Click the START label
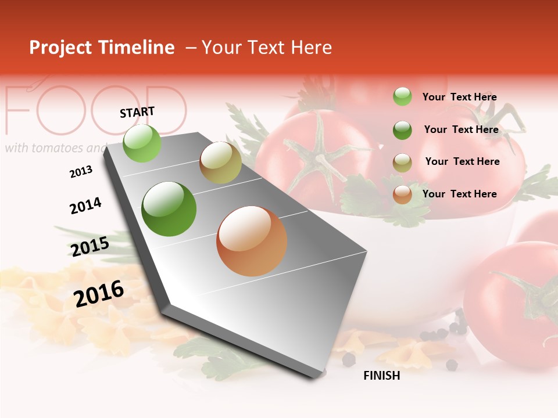[137, 112]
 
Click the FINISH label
[381, 376]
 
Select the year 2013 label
[81, 171]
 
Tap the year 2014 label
[85, 206]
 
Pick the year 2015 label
[90, 247]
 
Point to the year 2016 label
[99, 294]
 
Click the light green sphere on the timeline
[142, 143]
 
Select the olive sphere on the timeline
[220, 163]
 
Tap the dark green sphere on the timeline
[169, 209]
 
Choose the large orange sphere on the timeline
[252, 241]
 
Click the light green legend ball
[402, 96]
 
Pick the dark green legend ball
[402, 130]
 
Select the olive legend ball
[402, 163]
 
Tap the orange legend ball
[402, 195]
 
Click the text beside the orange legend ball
[459, 194]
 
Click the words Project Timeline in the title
[102, 48]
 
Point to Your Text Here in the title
[267, 48]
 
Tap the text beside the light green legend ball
[459, 97]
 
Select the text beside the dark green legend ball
[461, 129]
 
